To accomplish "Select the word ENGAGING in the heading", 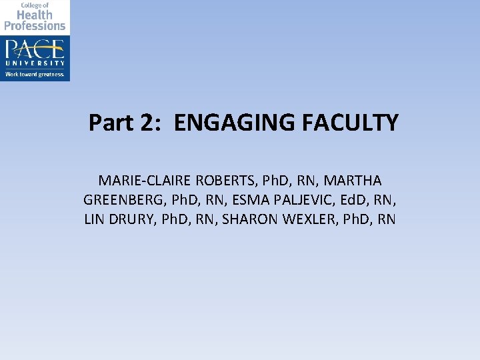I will click(x=223, y=123).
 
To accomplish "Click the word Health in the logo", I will click(x=35, y=15).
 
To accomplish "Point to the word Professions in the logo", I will click(x=35, y=26).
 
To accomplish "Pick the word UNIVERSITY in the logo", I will click(x=35, y=63).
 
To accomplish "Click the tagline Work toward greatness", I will click(x=35, y=75).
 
